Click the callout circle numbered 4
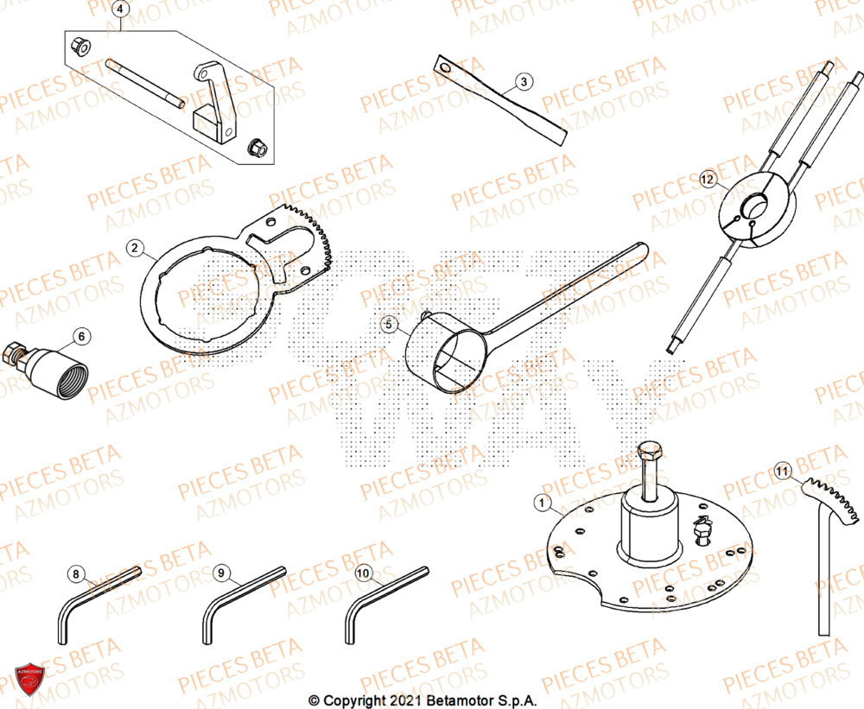point(121,10)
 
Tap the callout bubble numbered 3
point(523,83)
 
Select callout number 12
point(708,180)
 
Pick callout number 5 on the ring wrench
point(390,325)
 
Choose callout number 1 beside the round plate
point(542,502)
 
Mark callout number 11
point(783,472)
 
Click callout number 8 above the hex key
point(76,573)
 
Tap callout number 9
point(220,573)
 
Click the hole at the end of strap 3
point(444,66)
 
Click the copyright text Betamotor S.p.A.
point(422,700)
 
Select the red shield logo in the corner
point(29,679)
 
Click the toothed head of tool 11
point(831,500)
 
